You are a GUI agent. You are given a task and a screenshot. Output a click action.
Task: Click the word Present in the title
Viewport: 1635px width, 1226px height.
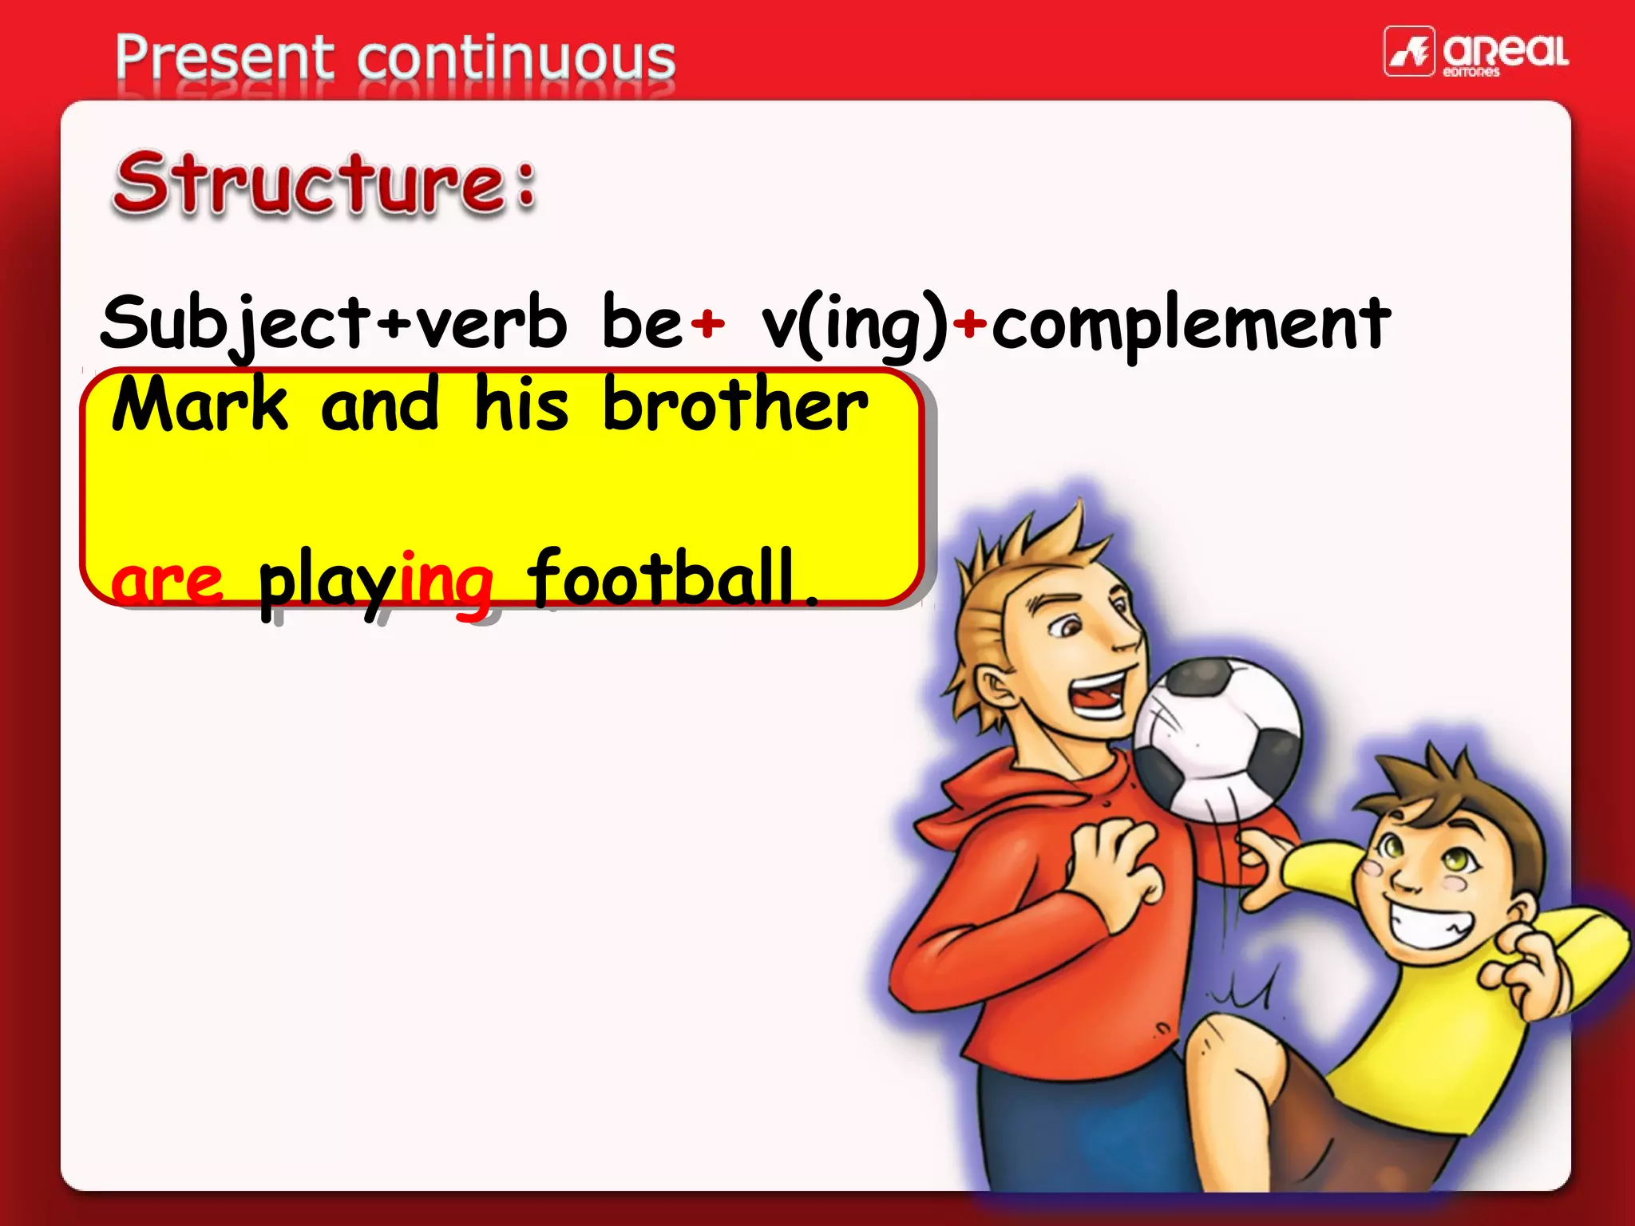pyautogui.click(x=224, y=57)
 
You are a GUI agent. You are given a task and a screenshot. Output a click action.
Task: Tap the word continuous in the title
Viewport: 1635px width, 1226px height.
pyautogui.click(x=517, y=57)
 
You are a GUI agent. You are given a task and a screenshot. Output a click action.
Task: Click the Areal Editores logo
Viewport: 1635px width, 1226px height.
pyautogui.click(x=1475, y=52)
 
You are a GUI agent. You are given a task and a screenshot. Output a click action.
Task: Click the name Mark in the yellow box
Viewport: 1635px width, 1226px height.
pyautogui.click(x=200, y=405)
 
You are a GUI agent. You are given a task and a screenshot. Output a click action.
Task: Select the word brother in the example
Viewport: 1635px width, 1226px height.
pyautogui.click(x=734, y=405)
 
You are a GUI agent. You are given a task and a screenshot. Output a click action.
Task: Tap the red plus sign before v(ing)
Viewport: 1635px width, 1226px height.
pyautogui.click(x=707, y=323)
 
